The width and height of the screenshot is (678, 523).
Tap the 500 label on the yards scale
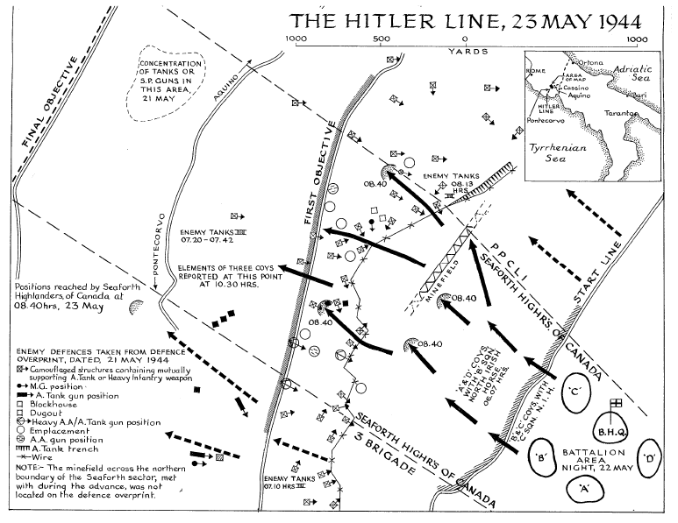[380, 39]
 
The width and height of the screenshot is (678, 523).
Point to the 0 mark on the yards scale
[465, 39]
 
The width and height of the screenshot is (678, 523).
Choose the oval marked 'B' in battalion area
[542, 456]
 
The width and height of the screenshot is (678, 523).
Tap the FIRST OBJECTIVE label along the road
[318, 175]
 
